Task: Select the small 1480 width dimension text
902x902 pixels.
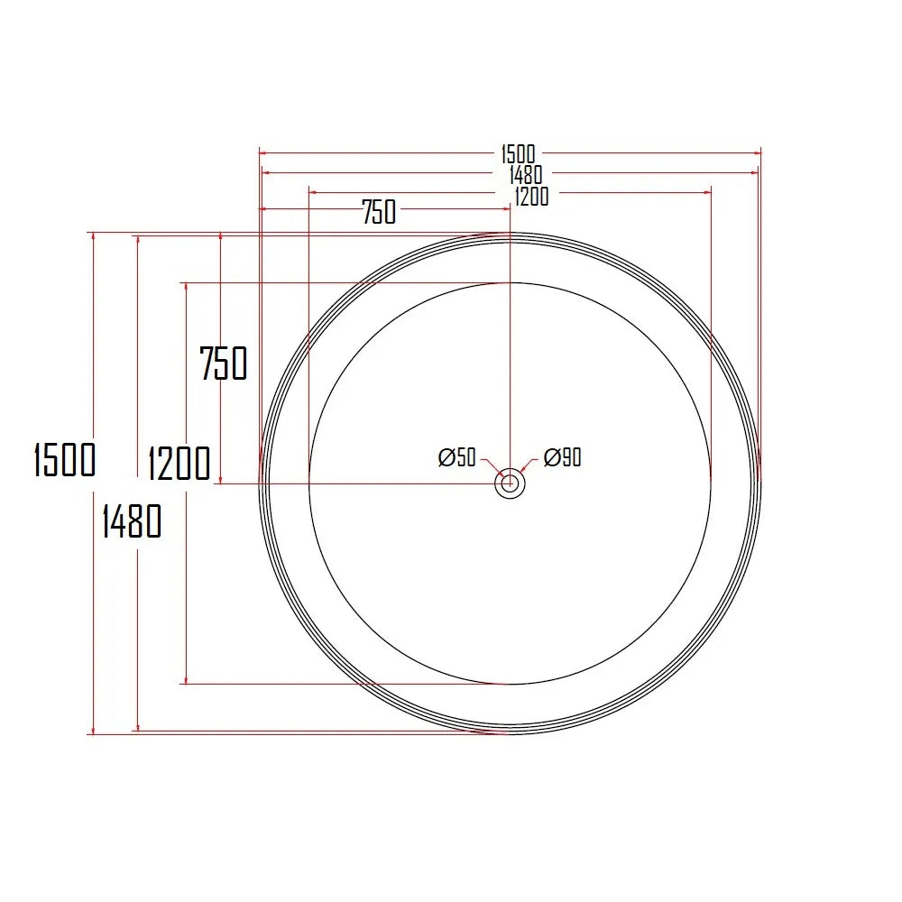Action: pos(525,175)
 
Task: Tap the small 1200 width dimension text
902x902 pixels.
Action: pos(531,196)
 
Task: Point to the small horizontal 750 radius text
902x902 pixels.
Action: pos(379,213)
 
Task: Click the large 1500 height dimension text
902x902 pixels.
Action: pos(64,459)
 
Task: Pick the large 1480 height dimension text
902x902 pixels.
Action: pos(132,521)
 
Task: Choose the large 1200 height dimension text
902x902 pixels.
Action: pos(179,464)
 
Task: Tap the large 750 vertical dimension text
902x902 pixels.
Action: pos(223,364)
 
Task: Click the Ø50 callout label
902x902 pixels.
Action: pos(457,458)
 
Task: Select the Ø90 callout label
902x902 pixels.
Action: pos(563,458)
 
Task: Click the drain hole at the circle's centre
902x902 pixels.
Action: pos(511,483)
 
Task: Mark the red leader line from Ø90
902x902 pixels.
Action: pos(529,467)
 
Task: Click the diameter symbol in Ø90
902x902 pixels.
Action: pos(551,458)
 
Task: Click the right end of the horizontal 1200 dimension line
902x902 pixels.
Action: pos(711,191)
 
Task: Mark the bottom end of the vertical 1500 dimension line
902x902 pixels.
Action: pos(93,733)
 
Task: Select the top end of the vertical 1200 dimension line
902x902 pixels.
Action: pos(186,283)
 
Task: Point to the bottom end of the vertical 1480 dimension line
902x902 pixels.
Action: pos(137,730)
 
